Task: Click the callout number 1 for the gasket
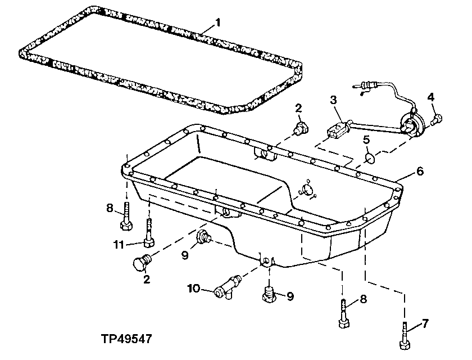(x=219, y=23)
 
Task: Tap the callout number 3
(x=333, y=100)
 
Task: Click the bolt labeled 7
(x=405, y=335)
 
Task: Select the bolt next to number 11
(x=148, y=234)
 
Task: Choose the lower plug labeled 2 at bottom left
(x=143, y=262)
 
